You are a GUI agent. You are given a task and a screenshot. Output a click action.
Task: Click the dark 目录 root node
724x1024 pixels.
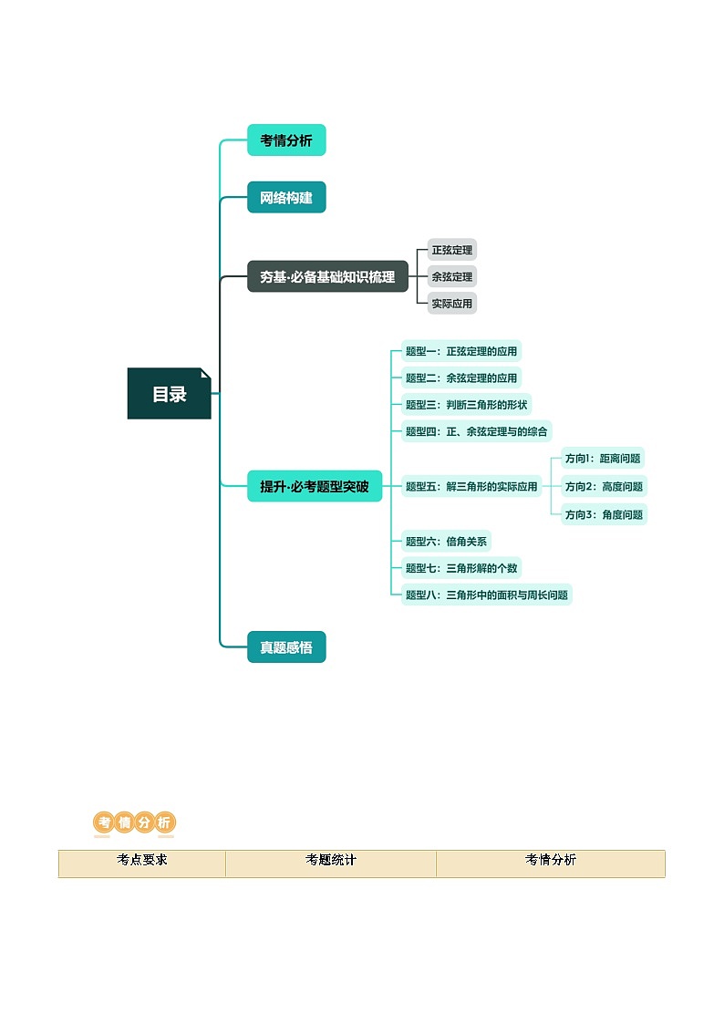169,394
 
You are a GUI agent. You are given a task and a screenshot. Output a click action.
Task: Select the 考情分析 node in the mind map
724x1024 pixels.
286,140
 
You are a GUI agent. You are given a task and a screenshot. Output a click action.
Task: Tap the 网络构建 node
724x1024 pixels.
286,198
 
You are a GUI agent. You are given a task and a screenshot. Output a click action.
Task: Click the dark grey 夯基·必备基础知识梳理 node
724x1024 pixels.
327,276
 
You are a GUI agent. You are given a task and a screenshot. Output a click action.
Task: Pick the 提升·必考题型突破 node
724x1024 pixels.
315,486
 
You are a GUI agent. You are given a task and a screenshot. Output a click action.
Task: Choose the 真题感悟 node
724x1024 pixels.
286,647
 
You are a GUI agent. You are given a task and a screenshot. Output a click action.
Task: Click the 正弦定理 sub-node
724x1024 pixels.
451,250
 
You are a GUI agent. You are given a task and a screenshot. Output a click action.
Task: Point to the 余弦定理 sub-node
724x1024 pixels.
451,276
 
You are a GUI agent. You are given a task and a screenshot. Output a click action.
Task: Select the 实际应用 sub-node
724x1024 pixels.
451,303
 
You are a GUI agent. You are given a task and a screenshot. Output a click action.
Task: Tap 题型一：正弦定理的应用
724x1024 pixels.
461,351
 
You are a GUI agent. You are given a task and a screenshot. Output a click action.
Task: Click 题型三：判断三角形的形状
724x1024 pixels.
467,404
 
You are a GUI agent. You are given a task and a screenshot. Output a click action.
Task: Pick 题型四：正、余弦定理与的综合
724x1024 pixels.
477,431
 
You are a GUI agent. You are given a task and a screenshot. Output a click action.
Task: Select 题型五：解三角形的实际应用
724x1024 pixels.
471,486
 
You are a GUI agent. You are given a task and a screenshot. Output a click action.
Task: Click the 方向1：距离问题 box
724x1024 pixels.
603,459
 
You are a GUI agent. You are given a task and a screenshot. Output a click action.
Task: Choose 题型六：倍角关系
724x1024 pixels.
446,542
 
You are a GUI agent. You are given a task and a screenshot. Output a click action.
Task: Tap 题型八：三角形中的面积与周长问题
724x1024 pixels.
486,595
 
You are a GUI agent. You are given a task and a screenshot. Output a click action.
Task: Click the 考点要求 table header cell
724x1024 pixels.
142,861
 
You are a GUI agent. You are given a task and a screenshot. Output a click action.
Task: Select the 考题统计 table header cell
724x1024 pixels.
331,861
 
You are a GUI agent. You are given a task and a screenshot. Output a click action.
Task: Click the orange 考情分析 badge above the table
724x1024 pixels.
134,822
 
